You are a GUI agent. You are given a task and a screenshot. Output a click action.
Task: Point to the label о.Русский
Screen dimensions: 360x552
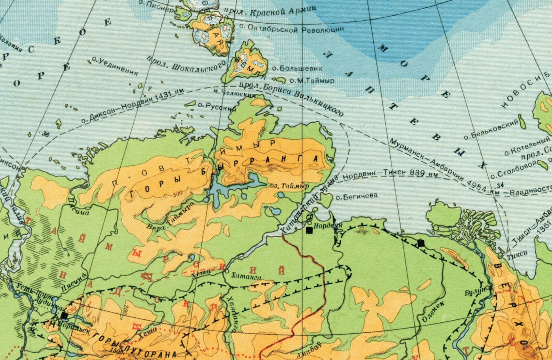click(214, 106)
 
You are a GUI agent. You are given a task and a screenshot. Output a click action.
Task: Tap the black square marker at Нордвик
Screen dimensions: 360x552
click(309, 230)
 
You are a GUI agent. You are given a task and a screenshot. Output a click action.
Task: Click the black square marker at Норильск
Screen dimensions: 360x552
click(64, 315)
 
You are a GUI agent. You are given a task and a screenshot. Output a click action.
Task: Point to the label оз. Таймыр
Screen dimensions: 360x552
click(290, 186)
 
